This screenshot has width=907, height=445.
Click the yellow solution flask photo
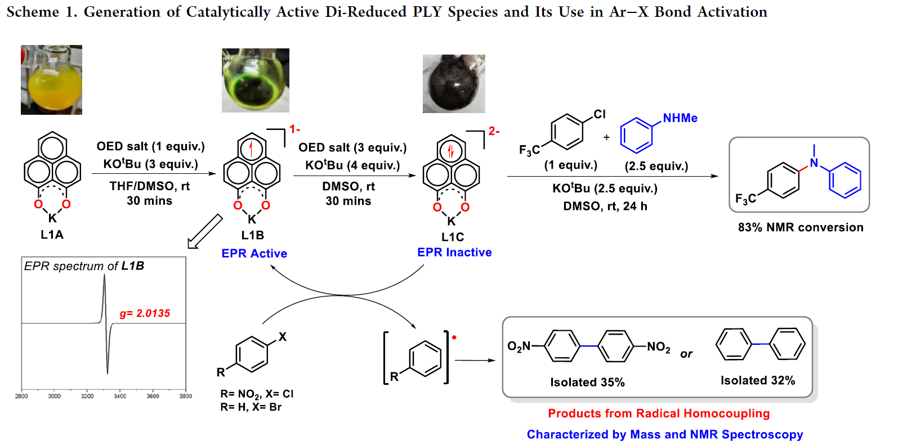(51, 80)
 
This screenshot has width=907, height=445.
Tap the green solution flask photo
(255, 80)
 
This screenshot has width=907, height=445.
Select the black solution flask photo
(454, 84)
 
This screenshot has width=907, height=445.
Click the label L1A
(52, 235)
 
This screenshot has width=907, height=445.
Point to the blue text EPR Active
(254, 254)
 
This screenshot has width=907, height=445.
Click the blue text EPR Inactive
(454, 253)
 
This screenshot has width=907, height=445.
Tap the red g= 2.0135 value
(145, 313)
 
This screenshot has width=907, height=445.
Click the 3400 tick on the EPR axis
(120, 397)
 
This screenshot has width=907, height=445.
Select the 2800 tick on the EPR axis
(21, 397)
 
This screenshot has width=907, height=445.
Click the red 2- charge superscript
(494, 131)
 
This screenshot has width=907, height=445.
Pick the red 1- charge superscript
(294, 129)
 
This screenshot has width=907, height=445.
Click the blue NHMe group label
(680, 118)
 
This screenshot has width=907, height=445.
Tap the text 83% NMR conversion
(800, 227)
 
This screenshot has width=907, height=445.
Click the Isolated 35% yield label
(587, 383)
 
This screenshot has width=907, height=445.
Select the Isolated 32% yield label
(757, 381)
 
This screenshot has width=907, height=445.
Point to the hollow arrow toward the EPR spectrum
(205, 231)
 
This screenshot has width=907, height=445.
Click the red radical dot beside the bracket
(454, 338)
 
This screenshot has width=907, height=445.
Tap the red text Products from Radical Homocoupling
(659, 413)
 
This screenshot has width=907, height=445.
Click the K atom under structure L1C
(451, 221)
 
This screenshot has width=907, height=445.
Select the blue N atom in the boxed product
(814, 163)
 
